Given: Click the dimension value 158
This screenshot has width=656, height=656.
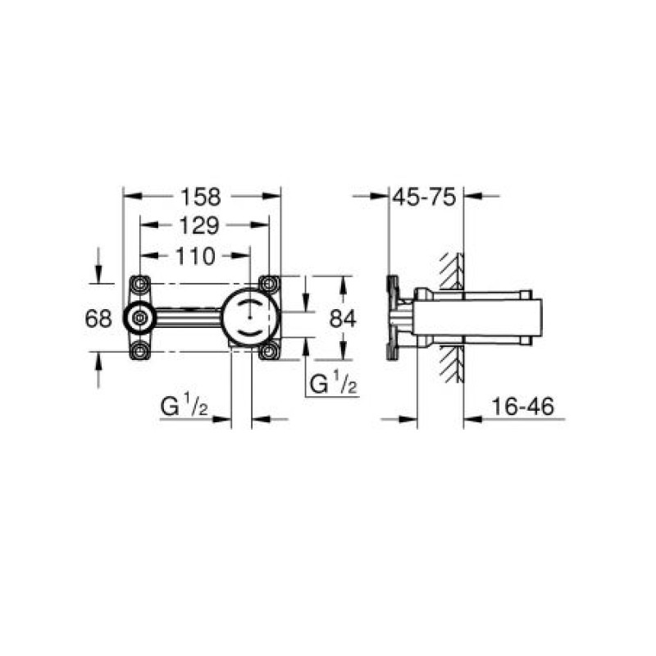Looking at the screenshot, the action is point(200,196).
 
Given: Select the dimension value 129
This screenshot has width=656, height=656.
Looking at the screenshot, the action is point(198,225).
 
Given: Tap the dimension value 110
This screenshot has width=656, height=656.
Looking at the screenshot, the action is point(195,256).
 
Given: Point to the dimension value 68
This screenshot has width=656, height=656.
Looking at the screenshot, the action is point(98,318).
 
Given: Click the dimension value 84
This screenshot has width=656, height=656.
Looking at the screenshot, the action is point(343,318).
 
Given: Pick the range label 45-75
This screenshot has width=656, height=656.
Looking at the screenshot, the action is point(424,197).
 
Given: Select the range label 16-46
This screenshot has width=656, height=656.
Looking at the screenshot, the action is point(522,406).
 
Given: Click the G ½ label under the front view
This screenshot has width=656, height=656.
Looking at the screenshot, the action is point(184,404).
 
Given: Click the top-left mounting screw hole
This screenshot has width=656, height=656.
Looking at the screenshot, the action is point(139,285).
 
